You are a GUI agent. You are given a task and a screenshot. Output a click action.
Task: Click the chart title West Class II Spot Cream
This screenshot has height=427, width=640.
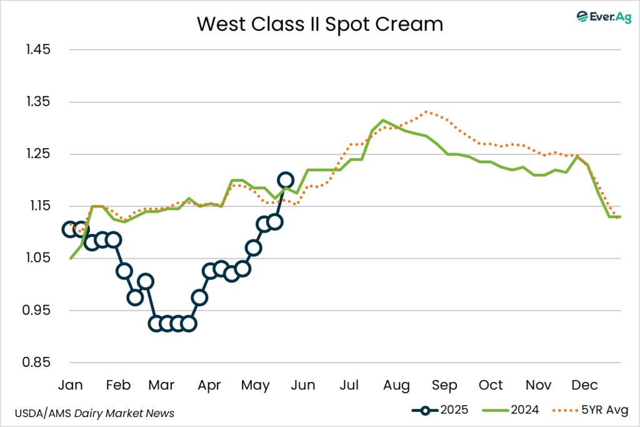pyautogui.click(x=319, y=24)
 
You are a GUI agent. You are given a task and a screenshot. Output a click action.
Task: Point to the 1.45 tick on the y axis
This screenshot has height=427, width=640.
pyautogui.click(x=38, y=49)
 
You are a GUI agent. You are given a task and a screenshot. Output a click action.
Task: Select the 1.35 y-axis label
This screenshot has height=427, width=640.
pyautogui.click(x=38, y=102)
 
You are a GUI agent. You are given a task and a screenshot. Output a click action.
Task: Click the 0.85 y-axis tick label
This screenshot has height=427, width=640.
pyautogui.click(x=38, y=363)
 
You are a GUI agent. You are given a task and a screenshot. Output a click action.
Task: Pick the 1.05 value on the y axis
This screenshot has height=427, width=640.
pyautogui.click(x=38, y=258)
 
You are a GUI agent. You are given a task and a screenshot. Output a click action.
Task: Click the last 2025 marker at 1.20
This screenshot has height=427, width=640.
pyautogui.click(x=286, y=181)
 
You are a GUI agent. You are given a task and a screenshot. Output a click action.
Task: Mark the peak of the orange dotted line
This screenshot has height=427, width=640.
pyautogui.click(x=426, y=112)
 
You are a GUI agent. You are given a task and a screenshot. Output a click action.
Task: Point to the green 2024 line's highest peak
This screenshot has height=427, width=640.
pyautogui.click(x=383, y=120)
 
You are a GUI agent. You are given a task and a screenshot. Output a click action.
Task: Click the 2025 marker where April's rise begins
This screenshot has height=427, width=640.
pyautogui.click(x=199, y=298)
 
